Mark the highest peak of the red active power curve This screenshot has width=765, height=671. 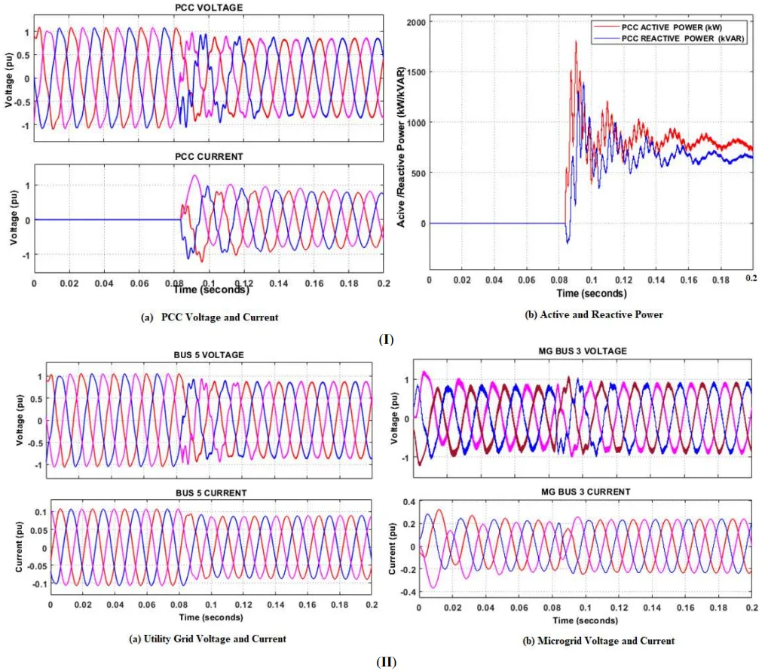576,41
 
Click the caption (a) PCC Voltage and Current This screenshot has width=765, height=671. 210,317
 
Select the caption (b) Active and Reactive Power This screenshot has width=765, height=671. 594,314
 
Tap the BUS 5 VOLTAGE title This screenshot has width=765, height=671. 208,354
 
